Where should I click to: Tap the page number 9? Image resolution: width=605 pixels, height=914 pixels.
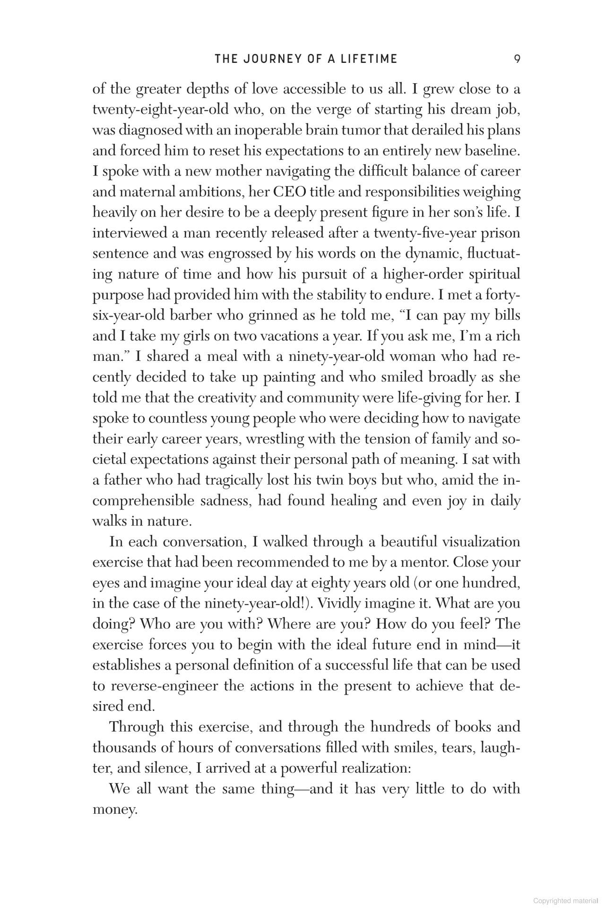[517, 59]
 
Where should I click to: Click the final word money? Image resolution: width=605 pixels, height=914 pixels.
[114, 810]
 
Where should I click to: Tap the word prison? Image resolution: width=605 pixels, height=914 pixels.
[500, 233]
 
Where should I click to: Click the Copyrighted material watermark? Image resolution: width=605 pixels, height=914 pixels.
[565, 901]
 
